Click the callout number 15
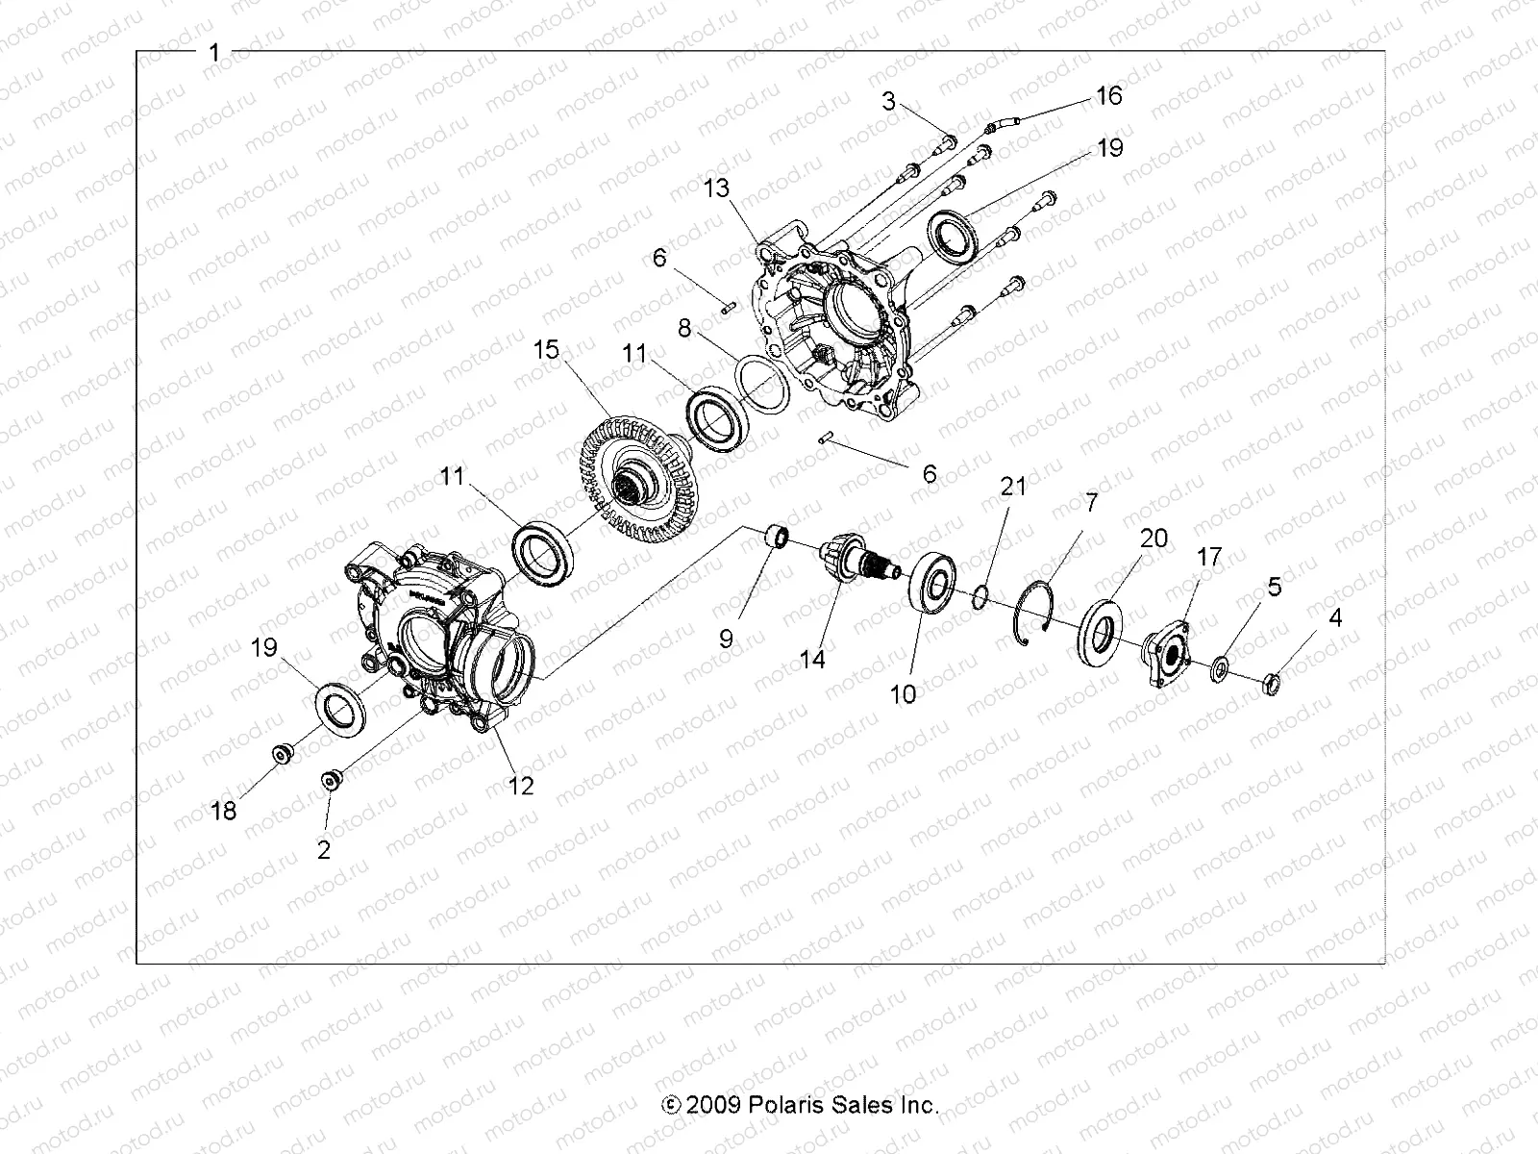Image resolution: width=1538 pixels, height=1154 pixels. [546, 350]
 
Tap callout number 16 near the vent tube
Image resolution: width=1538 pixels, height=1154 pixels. [1108, 96]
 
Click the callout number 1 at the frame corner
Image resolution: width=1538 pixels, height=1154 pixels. [214, 53]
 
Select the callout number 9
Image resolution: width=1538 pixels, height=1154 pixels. [726, 639]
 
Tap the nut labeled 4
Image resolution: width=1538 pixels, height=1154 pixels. [1270, 686]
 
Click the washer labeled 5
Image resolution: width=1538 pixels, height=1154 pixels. [1219, 668]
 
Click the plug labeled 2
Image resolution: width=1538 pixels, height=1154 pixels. [329, 780]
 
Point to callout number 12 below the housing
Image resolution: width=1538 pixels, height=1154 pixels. [520, 786]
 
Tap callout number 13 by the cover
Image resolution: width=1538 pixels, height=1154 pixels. [716, 188]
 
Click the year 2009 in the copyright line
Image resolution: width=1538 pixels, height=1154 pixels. [713, 1105]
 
